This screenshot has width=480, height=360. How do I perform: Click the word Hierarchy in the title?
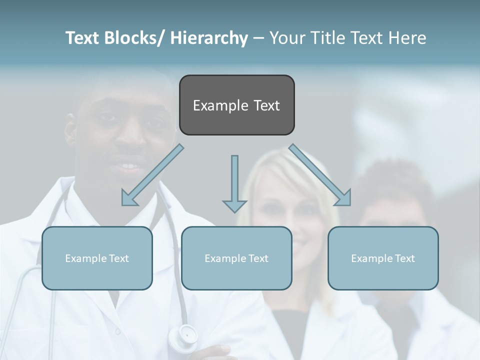click(209, 38)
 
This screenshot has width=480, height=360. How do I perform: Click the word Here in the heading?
click(406, 38)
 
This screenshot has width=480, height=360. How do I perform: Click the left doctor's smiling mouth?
click(126, 165)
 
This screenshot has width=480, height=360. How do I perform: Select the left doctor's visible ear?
click(70, 133)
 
